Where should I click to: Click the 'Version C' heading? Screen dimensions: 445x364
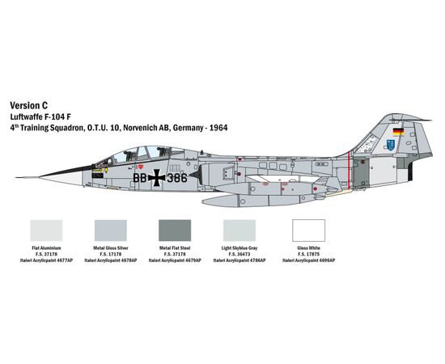click(28, 105)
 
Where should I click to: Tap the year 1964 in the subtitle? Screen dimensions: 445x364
click(218, 128)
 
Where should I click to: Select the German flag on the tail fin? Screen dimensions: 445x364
click(398, 131)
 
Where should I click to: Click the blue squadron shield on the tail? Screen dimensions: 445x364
click(391, 145)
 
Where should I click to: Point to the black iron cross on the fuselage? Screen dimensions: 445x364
click(156, 178)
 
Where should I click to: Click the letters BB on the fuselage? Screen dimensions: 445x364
click(140, 178)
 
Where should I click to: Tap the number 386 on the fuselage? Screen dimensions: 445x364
click(177, 178)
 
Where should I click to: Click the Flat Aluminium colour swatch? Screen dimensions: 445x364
click(46, 231)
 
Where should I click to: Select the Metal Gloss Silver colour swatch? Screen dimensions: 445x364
click(111, 231)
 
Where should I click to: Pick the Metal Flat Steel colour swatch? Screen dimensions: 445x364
click(175, 231)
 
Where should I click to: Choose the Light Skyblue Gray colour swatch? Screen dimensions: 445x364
click(239, 231)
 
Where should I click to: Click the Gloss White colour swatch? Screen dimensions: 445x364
click(308, 231)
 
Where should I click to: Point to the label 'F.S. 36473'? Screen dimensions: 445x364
click(239, 254)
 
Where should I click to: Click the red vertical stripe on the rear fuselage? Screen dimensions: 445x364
click(349, 171)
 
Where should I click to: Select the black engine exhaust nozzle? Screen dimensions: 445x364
click(410, 171)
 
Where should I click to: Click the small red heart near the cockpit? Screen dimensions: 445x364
click(141, 167)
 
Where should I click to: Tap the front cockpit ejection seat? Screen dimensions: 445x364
click(129, 155)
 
